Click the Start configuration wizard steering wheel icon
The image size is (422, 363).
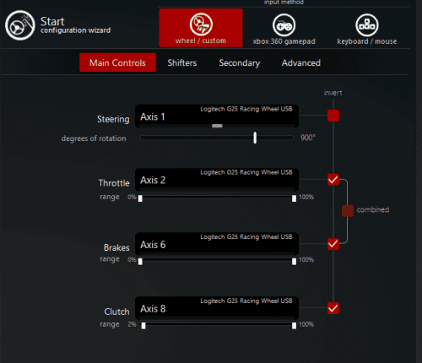[19, 25]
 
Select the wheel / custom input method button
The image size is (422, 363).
[201, 28]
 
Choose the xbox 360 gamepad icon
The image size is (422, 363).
[284, 25]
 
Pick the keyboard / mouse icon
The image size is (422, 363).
[367, 25]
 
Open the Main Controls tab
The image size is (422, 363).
[117, 62]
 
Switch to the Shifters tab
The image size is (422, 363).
[182, 62]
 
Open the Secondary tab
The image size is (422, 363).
[240, 62]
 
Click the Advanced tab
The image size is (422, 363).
[301, 62]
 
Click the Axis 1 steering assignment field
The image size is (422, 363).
[217, 116]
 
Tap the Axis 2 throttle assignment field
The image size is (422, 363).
[217, 180]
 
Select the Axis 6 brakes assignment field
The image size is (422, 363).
[217, 244]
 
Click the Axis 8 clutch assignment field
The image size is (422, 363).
[217, 308]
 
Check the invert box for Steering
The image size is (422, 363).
[333, 116]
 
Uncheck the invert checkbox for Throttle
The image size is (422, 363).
[333, 180]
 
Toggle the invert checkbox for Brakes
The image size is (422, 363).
[333, 244]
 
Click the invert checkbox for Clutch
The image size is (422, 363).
[333, 308]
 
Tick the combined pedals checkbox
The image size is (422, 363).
[348, 211]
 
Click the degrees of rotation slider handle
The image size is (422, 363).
[255, 138]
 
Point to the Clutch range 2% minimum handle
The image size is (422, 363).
[143, 326]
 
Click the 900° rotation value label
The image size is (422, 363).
[308, 138]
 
